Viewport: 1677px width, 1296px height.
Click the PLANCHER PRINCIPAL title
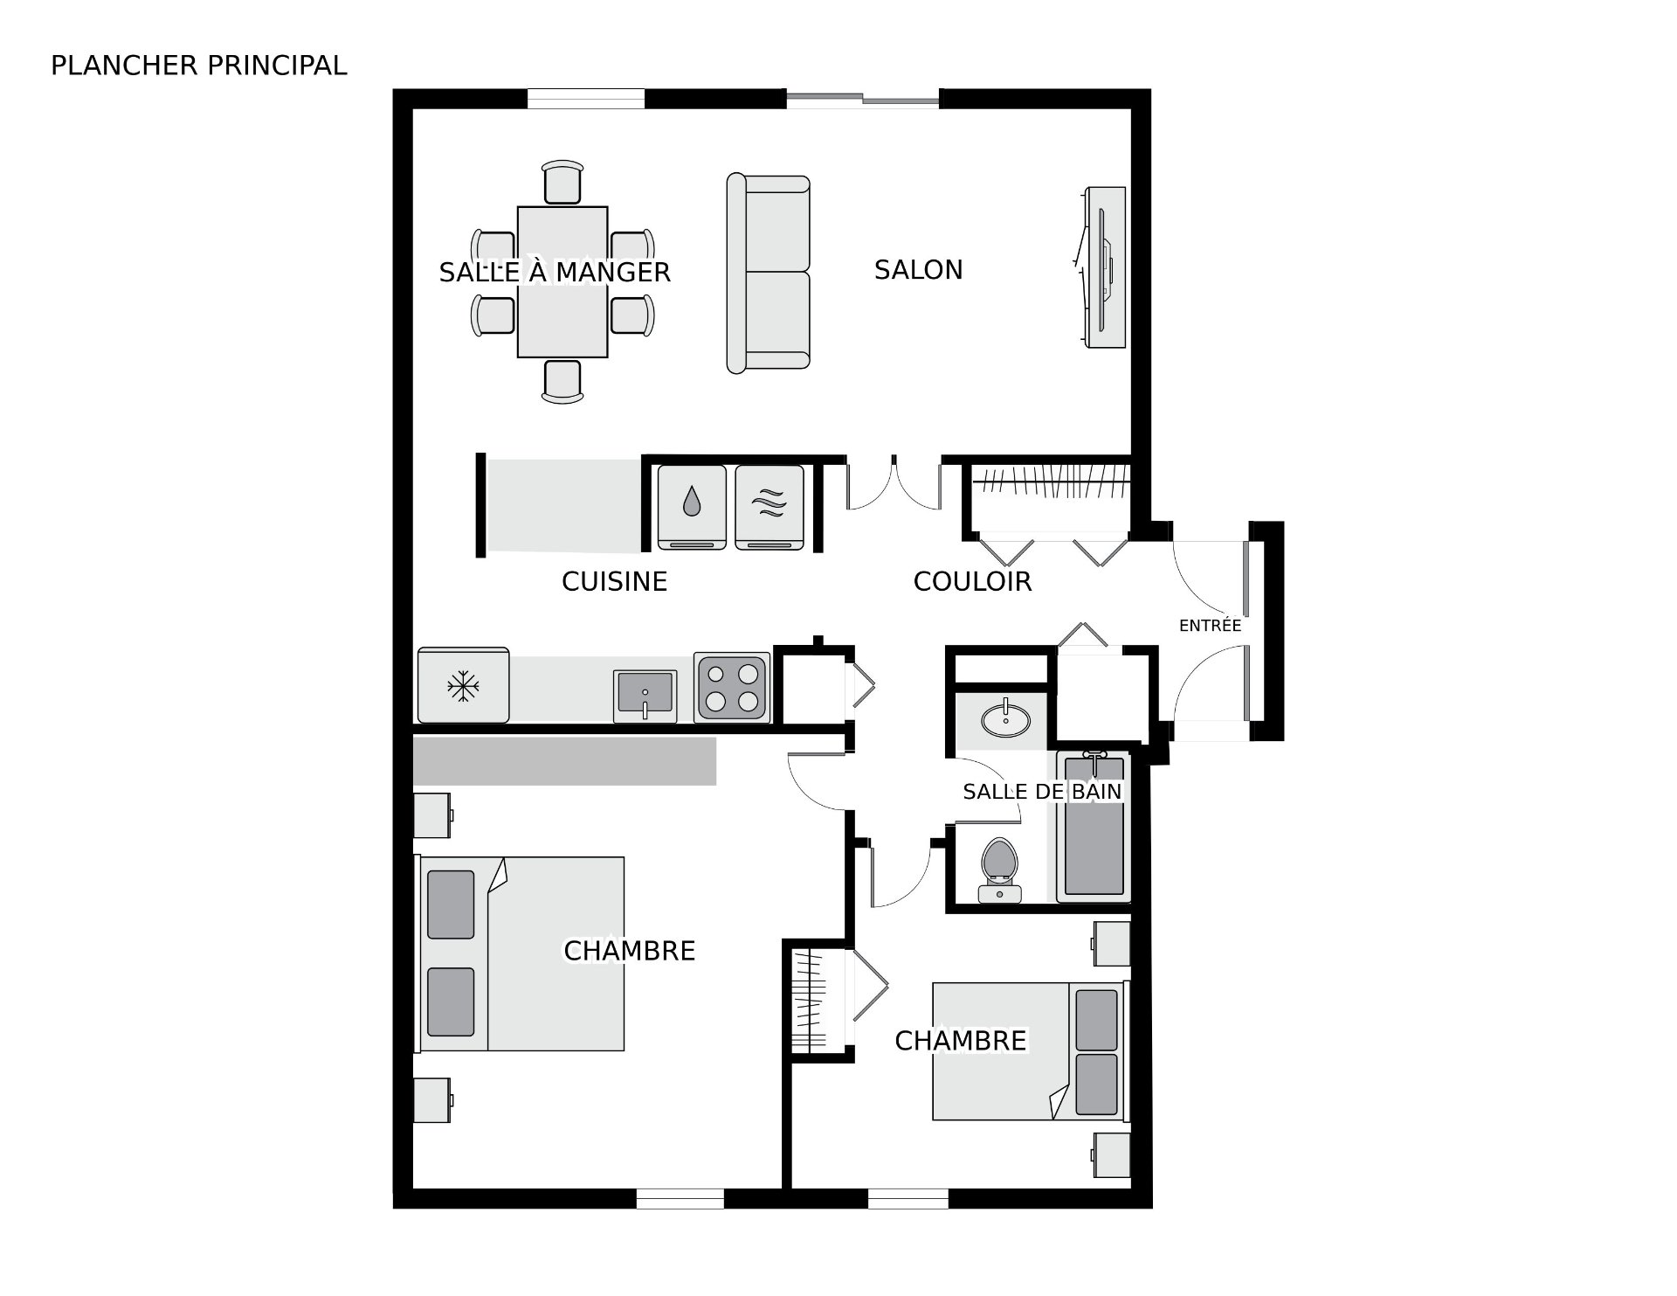[x=198, y=66]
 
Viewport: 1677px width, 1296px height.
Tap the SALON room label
[x=918, y=270]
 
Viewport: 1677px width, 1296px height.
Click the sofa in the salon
[x=769, y=274]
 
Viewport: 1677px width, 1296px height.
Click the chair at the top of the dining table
[x=562, y=183]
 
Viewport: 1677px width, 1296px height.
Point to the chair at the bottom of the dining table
[x=562, y=381]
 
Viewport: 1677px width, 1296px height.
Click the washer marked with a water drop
[x=692, y=507]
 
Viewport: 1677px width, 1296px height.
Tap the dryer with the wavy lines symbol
[x=769, y=507]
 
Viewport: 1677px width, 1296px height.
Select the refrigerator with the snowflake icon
[x=463, y=686]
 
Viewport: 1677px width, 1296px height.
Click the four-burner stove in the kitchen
[x=732, y=688]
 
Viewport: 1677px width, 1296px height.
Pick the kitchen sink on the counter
[x=645, y=696]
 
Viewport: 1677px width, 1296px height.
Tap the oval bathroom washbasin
[x=1005, y=720]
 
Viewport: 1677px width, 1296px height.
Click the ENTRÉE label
[x=1210, y=626]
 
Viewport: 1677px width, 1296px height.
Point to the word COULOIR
[x=972, y=582]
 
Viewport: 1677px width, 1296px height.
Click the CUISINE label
[x=614, y=582]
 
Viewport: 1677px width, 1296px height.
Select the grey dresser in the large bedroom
[x=564, y=761]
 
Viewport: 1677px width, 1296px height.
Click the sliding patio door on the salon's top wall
[x=863, y=99]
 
